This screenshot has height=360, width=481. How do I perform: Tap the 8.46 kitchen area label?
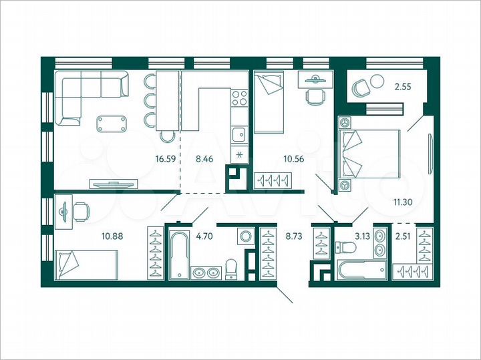(204, 160)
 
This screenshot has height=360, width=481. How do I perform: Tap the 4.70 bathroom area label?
(202, 234)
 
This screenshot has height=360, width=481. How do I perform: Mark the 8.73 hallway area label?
(295, 234)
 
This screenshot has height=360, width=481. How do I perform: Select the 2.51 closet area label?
(404, 234)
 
